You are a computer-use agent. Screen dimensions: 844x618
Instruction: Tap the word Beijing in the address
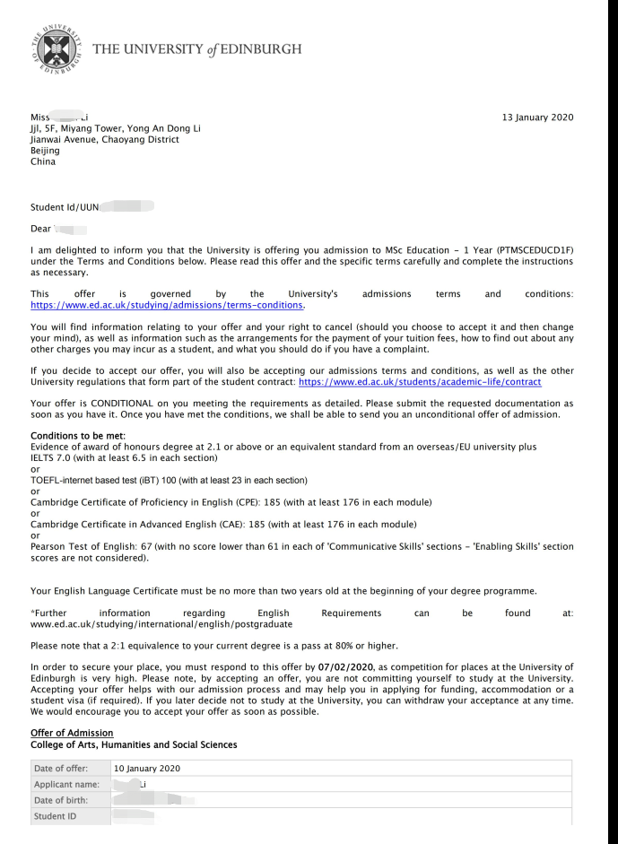(x=45, y=151)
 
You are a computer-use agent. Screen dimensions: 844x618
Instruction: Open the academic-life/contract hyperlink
(x=420, y=382)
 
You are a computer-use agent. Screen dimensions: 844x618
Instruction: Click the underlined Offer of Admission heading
(x=72, y=734)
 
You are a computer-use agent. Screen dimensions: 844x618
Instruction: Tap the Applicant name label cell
(x=66, y=785)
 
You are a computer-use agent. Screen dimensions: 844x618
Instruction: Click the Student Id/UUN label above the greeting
(x=65, y=207)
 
